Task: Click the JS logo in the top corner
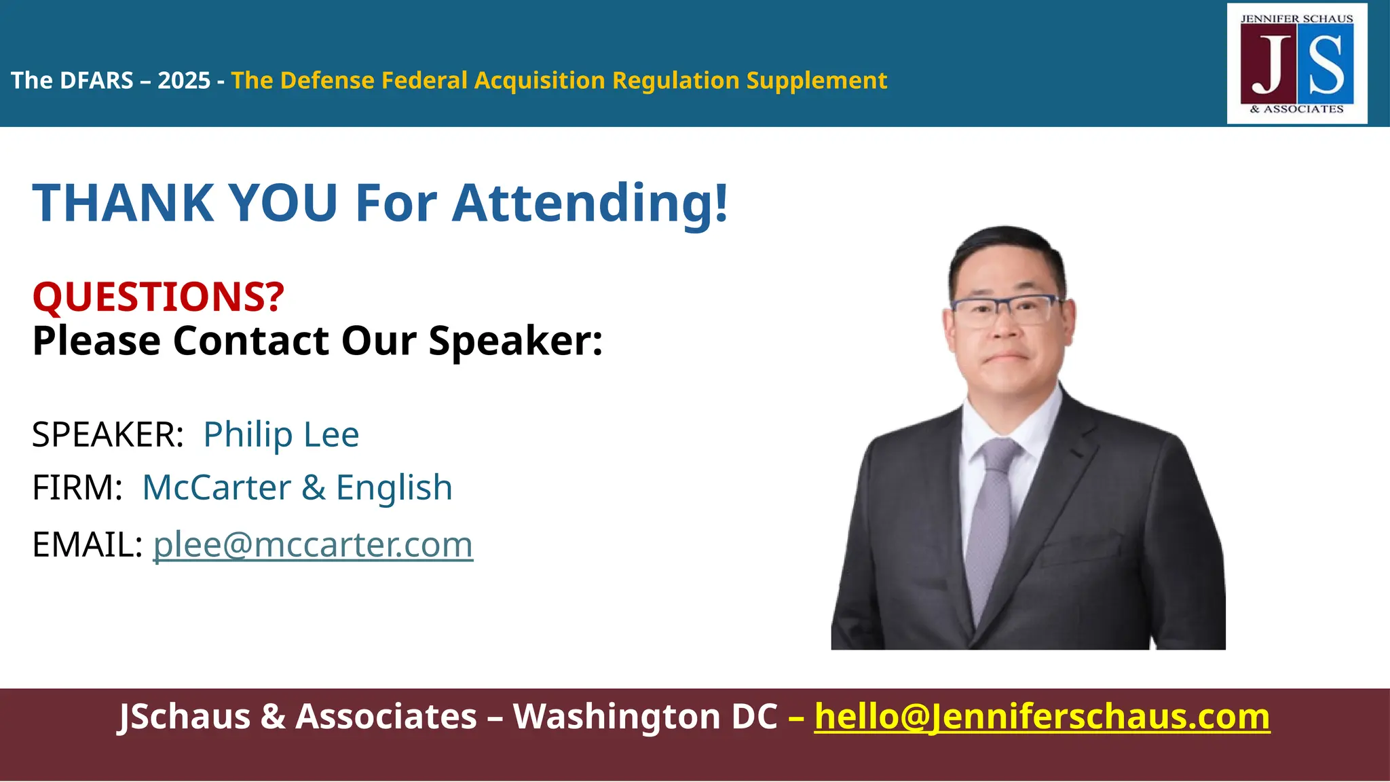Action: pos(1297,64)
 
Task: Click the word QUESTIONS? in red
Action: pos(158,297)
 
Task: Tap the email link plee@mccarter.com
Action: pos(313,544)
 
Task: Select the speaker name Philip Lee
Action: pos(281,434)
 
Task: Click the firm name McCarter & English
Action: pos(297,487)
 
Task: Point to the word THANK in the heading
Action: pos(123,203)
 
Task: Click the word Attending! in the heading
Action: pos(590,203)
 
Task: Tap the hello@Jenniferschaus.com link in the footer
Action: pos(1042,717)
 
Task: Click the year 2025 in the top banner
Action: pos(184,81)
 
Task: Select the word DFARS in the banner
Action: pos(96,81)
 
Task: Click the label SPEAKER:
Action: pos(108,434)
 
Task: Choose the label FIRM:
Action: pos(77,487)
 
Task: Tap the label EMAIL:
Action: pos(87,544)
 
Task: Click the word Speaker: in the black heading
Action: pos(515,340)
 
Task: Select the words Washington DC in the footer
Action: pos(645,717)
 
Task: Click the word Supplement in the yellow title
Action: pos(816,81)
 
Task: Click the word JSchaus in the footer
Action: pos(185,717)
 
